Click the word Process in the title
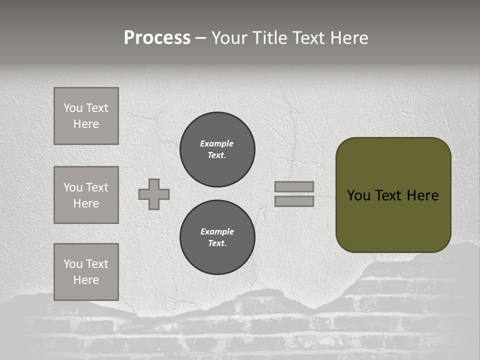[x=157, y=38]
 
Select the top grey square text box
[x=86, y=116]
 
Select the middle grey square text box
[x=86, y=195]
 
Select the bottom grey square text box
[x=86, y=272]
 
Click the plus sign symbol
[x=154, y=194]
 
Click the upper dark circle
[x=217, y=149]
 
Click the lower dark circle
[x=217, y=237]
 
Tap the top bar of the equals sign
[x=294, y=186]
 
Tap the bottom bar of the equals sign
[x=294, y=201]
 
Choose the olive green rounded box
[x=393, y=220]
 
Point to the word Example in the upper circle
[x=216, y=143]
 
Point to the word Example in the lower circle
[x=217, y=231]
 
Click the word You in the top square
[x=73, y=108]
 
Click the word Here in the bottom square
[x=86, y=280]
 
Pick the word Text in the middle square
[x=97, y=187]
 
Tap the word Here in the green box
[x=422, y=195]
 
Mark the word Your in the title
[x=229, y=38]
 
